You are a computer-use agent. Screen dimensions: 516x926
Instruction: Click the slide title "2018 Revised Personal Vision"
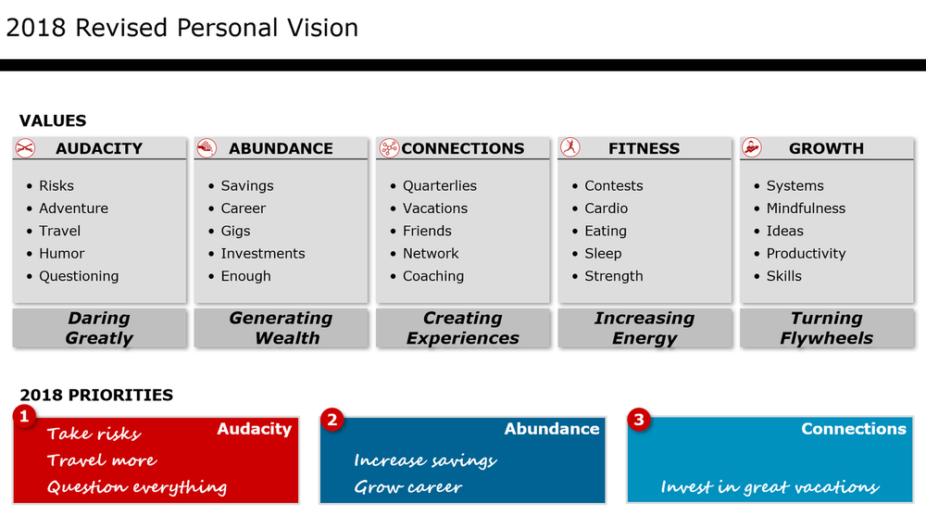(181, 28)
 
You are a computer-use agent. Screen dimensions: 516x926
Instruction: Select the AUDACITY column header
(99, 148)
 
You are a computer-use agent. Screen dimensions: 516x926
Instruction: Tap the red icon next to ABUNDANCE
(206, 147)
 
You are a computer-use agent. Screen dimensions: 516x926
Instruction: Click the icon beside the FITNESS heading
(569, 147)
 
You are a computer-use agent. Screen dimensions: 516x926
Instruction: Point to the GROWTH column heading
(826, 148)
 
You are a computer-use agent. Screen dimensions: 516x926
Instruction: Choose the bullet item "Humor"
(61, 253)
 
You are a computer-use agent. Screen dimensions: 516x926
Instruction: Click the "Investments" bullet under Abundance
(262, 253)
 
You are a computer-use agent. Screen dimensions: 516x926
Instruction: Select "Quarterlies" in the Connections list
(439, 185)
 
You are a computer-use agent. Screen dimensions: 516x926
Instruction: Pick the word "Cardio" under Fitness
(606, 208)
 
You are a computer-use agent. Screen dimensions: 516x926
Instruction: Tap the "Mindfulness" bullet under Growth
(806, 208)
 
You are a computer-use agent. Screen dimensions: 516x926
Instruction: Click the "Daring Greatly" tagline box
(99, 328)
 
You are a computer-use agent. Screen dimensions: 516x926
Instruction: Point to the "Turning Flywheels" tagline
(826, 328)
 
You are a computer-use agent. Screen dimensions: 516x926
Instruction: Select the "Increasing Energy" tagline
(644, 328)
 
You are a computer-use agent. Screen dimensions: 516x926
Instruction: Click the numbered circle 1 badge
(24, 418)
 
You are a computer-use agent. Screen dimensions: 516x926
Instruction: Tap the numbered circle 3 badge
(638, 420)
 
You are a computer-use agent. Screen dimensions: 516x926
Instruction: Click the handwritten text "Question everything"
(137, 487)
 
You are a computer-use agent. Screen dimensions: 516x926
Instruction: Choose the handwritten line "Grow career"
(407, 487)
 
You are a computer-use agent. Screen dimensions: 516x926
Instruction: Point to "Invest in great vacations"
(770, 487)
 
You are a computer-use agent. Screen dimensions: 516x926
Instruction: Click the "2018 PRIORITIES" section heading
(96, 395)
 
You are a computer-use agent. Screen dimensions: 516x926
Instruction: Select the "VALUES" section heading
(53, 120)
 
